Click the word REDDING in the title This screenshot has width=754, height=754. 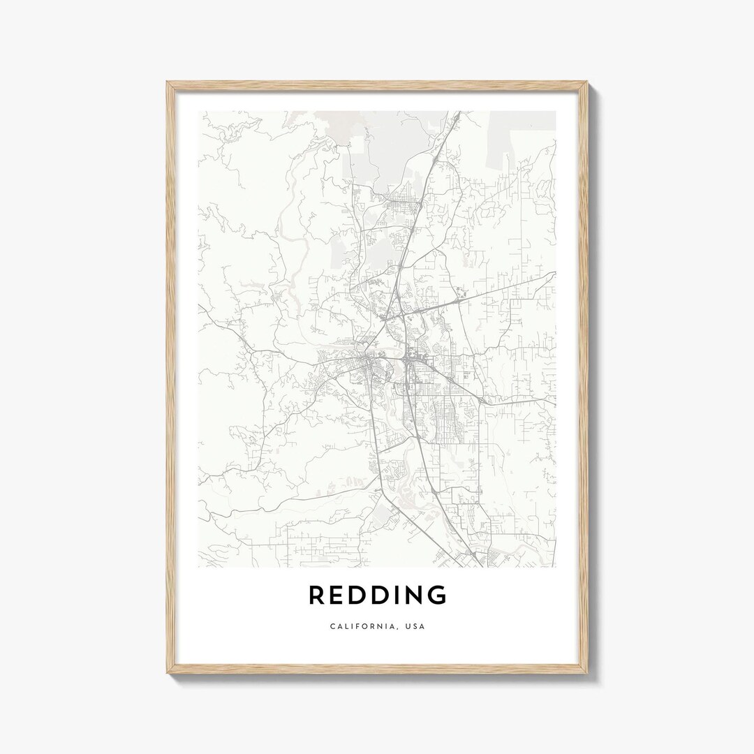click(x=377, y=596)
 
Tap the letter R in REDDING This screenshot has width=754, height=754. click(x=317, y=596)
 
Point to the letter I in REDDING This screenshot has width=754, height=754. click(x=394, y=596)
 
